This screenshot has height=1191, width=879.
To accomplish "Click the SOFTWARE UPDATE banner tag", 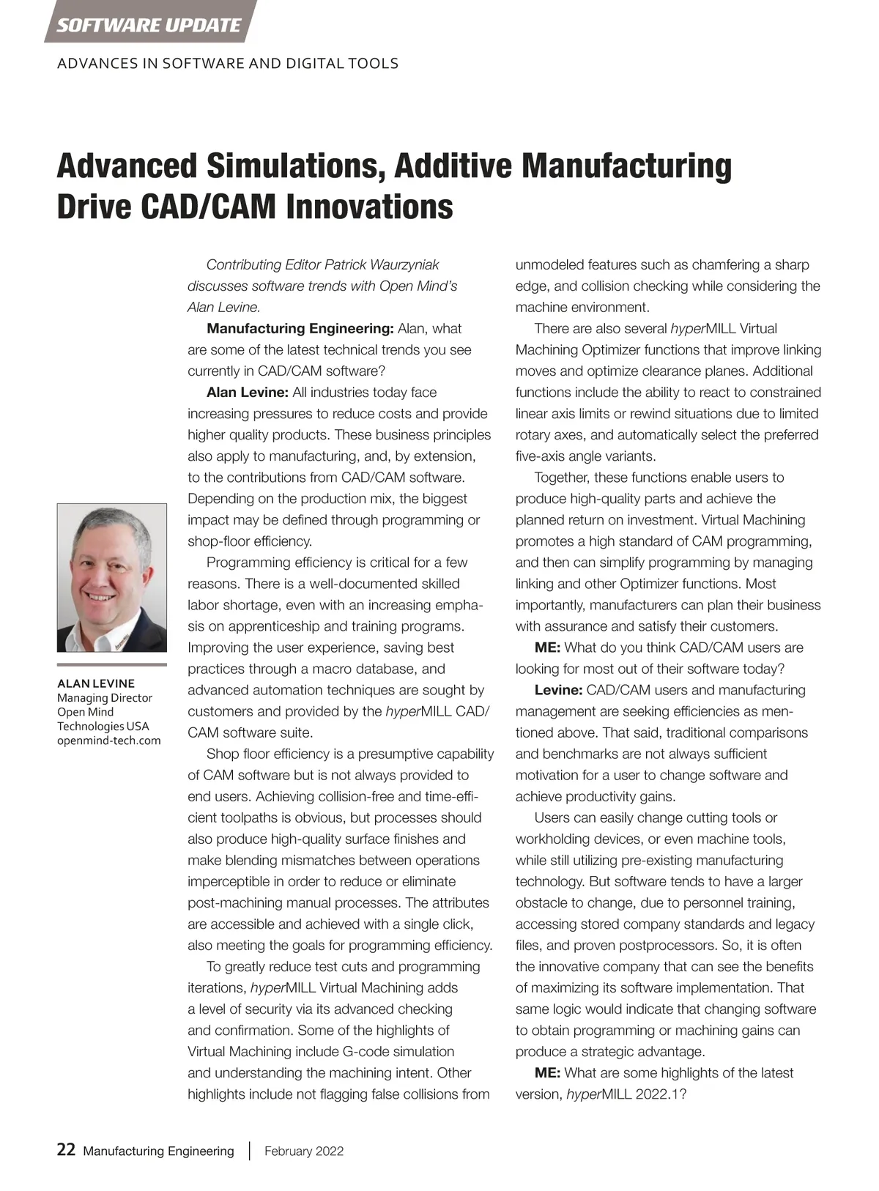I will [149, 25].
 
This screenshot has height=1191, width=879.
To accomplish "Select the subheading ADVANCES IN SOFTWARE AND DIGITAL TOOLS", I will [228, 64].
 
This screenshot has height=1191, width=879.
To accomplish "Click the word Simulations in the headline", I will [294, 166].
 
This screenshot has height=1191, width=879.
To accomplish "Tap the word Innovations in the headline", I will [369, 207].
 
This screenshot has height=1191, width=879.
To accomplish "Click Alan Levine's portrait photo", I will [112, 577].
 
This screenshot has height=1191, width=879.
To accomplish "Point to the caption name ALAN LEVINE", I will [96, 683].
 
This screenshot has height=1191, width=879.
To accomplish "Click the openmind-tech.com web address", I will [109, 740].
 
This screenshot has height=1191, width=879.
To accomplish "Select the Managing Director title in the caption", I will [105, 697].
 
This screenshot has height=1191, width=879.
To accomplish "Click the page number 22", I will [66, 1150].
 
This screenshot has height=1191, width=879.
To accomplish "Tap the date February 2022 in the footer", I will [304, 1151].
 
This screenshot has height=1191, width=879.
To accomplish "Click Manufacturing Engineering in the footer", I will [158, 1151].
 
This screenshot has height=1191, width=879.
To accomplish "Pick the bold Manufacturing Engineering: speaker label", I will [300, 328].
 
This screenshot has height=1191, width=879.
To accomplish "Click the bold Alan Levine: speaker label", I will [248, 392].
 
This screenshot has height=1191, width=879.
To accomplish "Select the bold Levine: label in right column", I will [558, 690].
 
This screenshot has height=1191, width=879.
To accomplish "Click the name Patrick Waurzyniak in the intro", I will [382, 264].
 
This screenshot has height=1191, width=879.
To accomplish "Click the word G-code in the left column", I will [366, 1051].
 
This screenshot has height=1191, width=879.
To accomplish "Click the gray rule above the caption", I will [112, 665].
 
